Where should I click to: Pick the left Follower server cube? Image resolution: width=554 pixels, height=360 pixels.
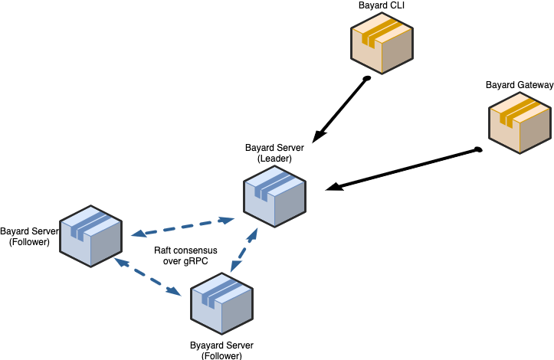pyautogui.click(x=91, y=236)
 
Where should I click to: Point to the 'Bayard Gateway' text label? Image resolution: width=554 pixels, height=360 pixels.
pyautogui.click(x=520, y=84)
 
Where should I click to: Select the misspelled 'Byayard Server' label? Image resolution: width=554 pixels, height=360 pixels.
pyautogui.click(x=221, y=345)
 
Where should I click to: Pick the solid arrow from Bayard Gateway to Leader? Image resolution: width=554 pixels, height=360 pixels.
pyautogui.click(x=402, y=168)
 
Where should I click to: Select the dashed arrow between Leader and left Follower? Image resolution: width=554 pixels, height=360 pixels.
pyautogui.click(x=182, y=227)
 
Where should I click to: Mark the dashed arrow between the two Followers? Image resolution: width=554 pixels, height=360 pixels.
pyautogui.click(x=149, y=277)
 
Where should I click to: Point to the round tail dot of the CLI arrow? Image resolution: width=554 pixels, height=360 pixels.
pyautogui.click(x=367, y=78)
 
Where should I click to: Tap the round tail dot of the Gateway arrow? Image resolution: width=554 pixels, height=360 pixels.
pyautogui.click(x=477, y=149)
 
